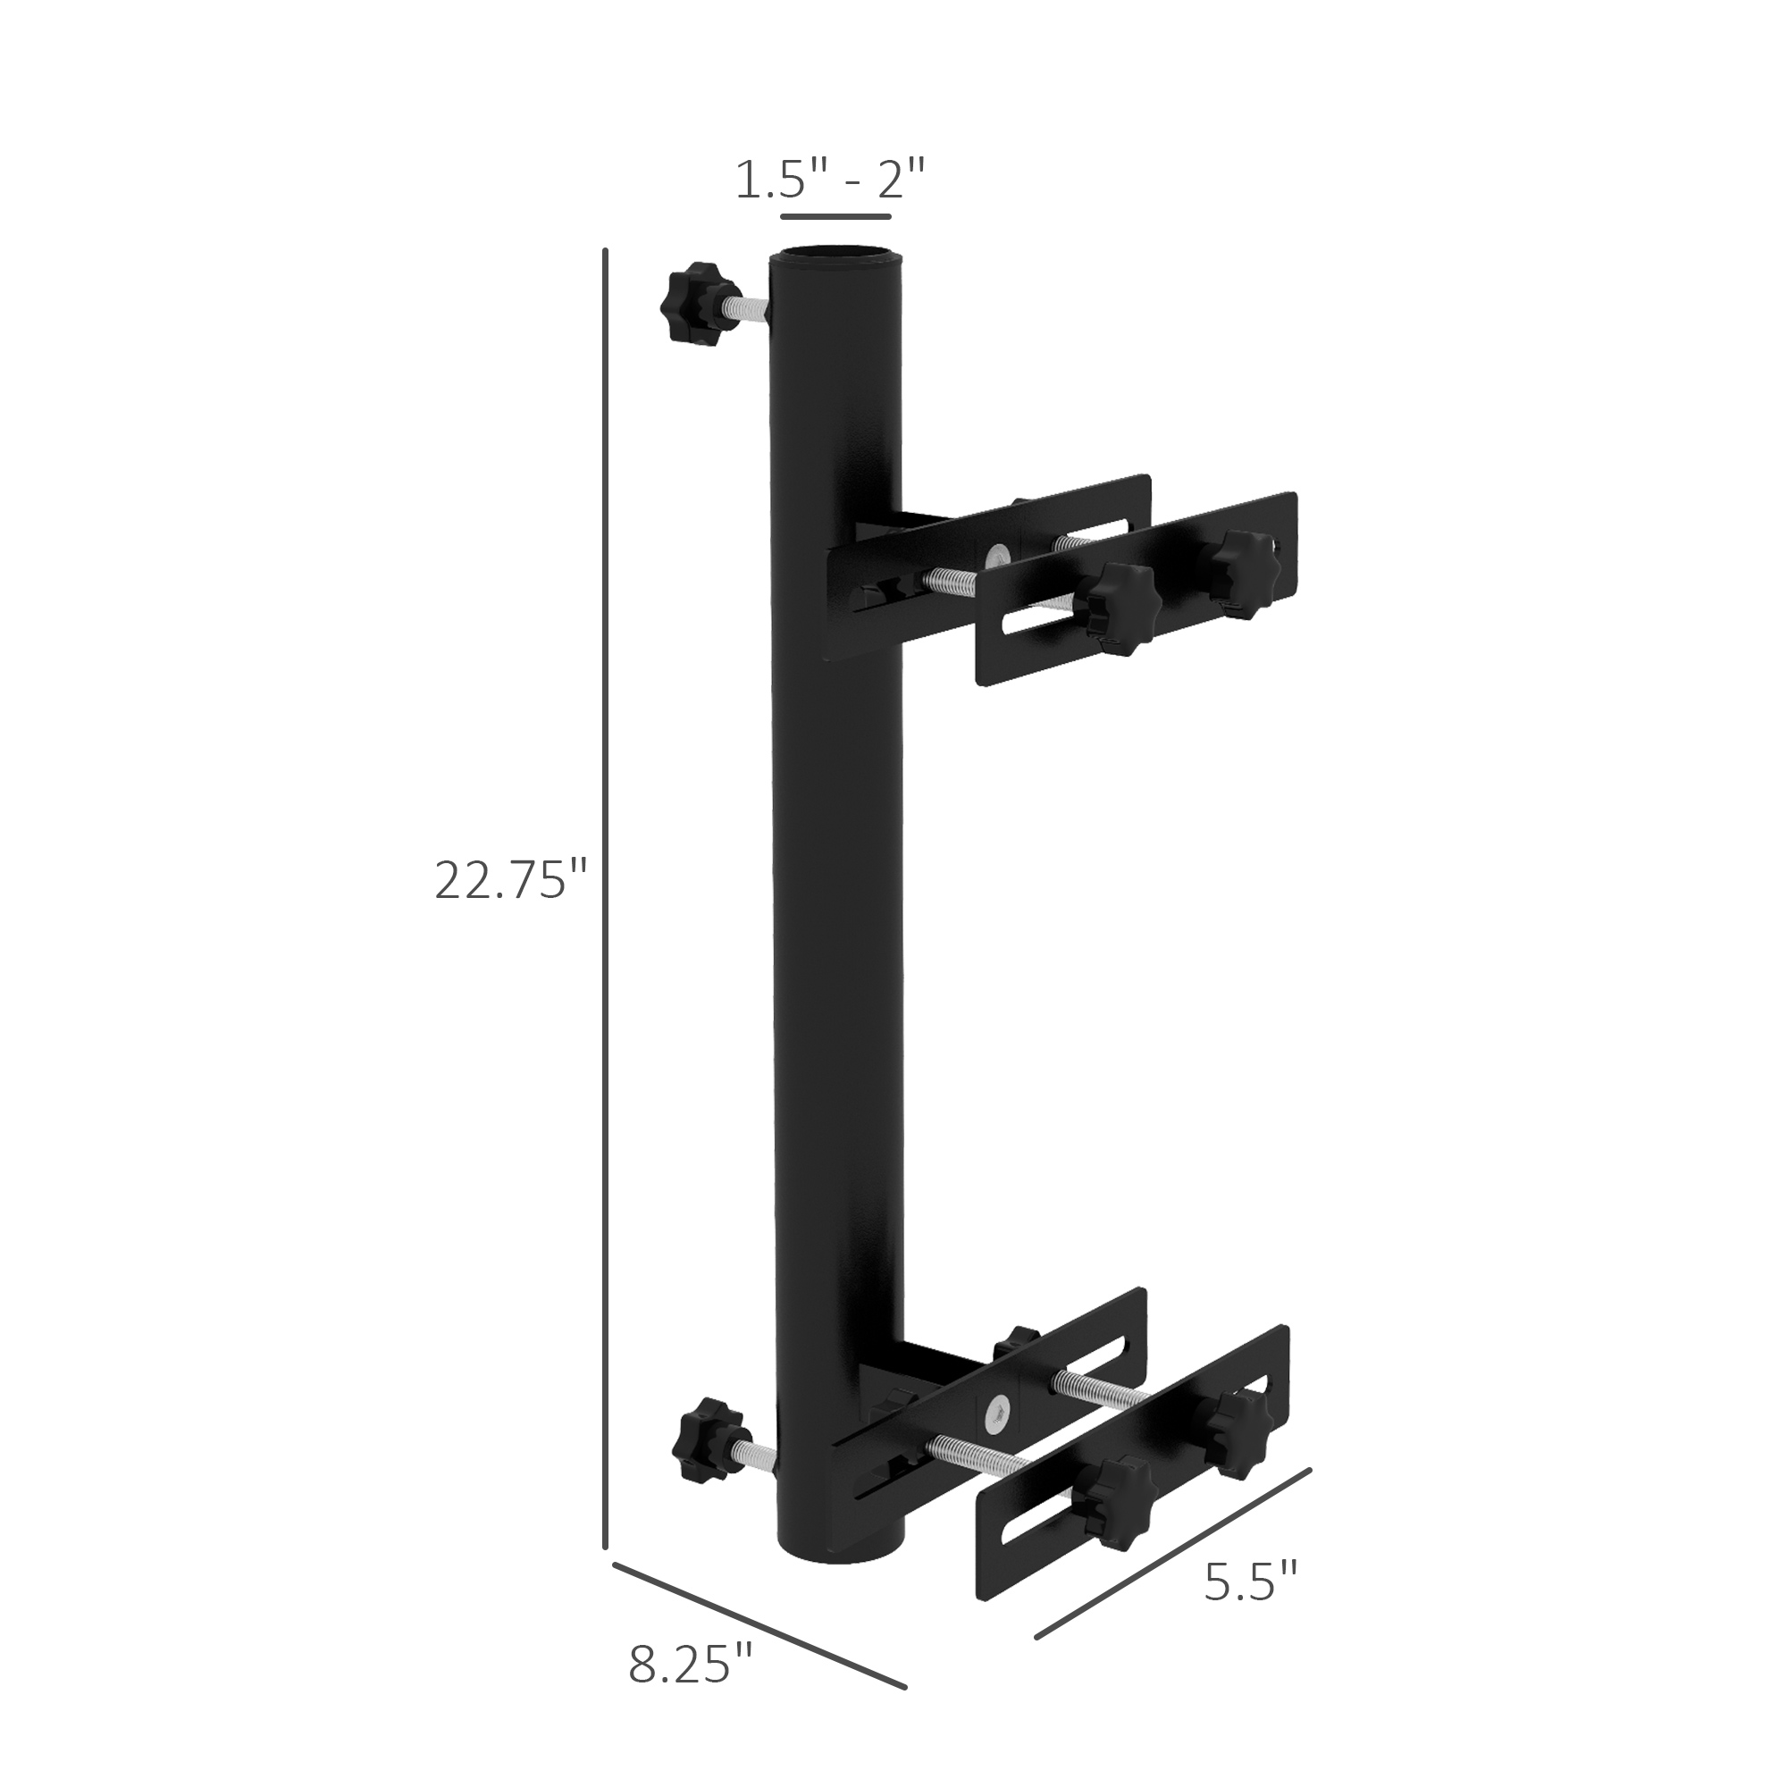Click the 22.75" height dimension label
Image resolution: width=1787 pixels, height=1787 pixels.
(511, 881)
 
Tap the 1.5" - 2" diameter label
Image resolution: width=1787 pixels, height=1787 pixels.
(830, 180)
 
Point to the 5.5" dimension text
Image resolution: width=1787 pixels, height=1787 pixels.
(1252, 1582)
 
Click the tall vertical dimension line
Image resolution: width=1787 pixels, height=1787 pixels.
(605, 897)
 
